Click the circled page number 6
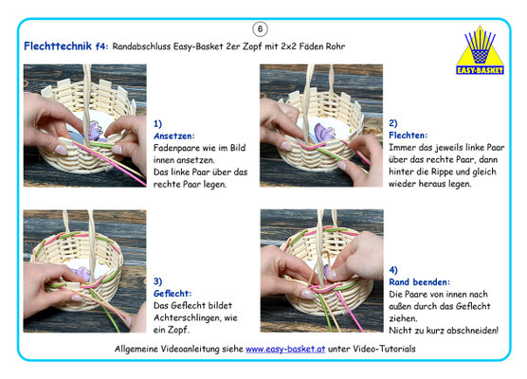pyautogui.click(x=260, y=29)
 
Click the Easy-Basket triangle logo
pyautogui.click(x=480, y=50)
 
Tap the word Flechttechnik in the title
pyautogui.click(x=58, y=46)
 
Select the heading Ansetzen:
pyautogui.click(x=174, y=136)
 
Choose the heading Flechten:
pyautogui.click(x=408, y=135)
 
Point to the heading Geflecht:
pyautogui.click(x=173, y=294)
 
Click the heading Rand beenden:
pyautogui.click(x=419, y=282)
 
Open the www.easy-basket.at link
pyautogui.click(x=285, y=349)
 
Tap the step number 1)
pyautogui.click(x=157, y=124)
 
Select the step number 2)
pyautogui.click(x=393, y=123)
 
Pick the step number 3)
pyautogui.click(x=157, y=281)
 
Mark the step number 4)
pyautogui.click(x=393, y=270)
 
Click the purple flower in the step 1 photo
pyautogui.click(x=96, y=132)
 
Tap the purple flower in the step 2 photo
pyautogui.click(x=323, y=132)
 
